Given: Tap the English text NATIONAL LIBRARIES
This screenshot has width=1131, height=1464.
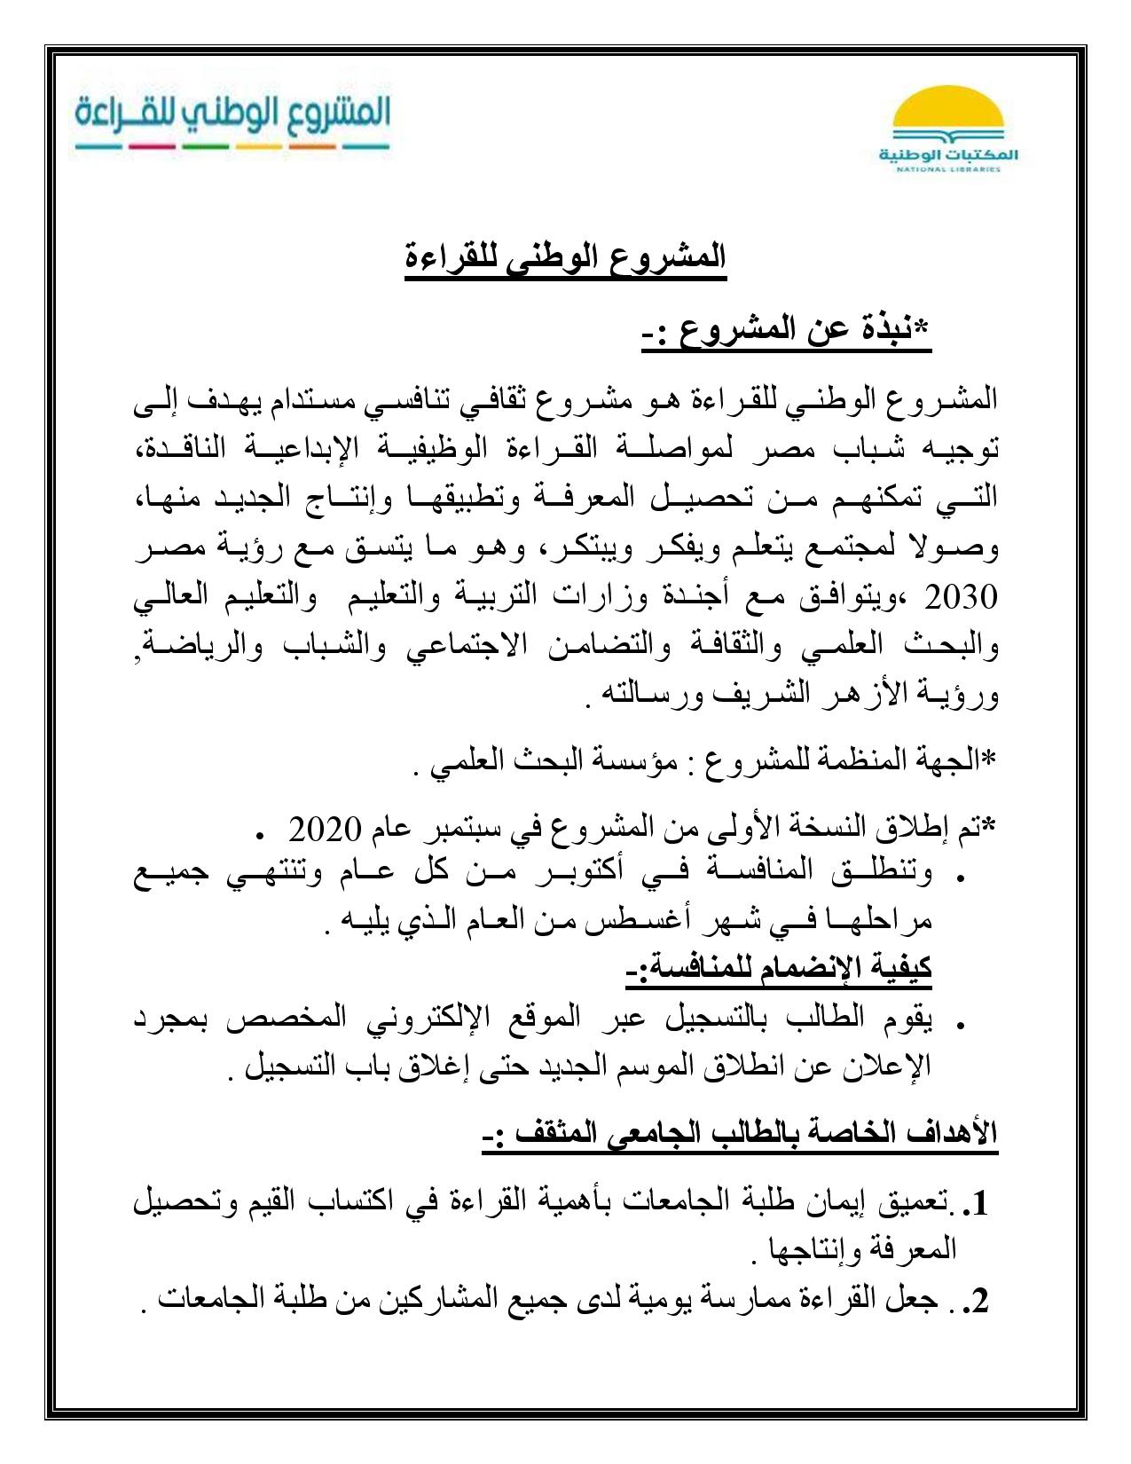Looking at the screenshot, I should (x=947, y=169).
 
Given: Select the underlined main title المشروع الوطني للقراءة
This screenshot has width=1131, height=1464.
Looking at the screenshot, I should (x=565, y=259).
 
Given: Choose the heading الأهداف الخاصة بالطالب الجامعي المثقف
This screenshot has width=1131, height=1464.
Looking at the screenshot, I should (x=741, y=1133).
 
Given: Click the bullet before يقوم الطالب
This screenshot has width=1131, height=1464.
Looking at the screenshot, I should (x=961, y=1024).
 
